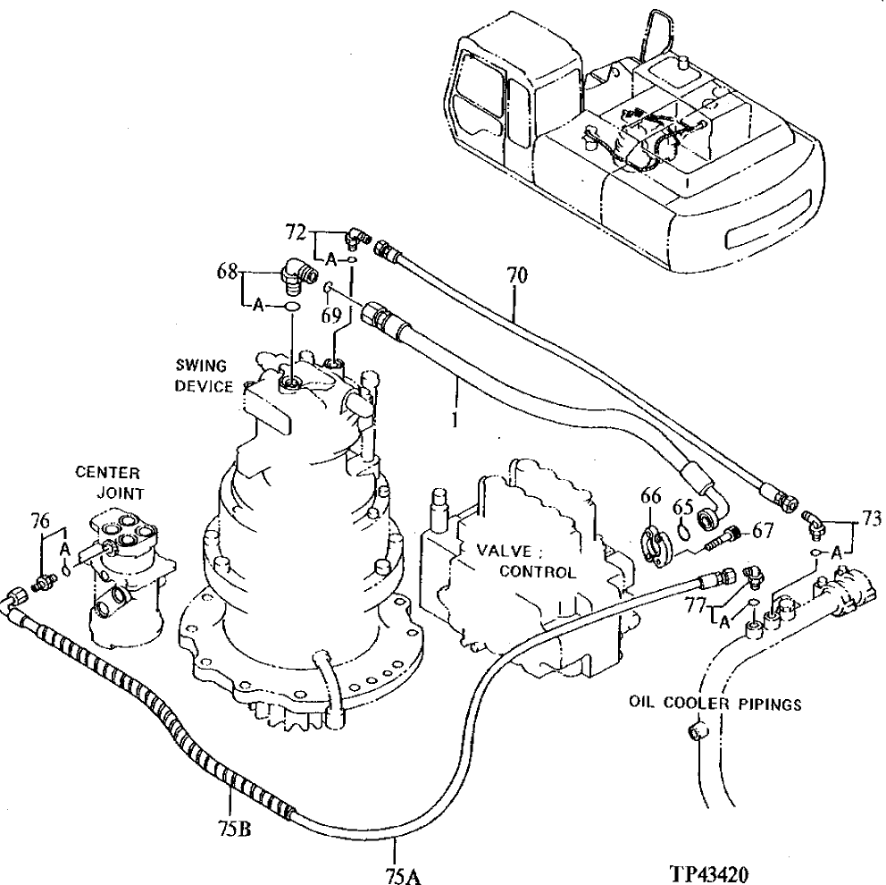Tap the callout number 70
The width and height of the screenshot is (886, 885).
pyautogui.click(x=517, y=276)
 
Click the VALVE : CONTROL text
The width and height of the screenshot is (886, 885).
pyautogui.click(x=523, y=560)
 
